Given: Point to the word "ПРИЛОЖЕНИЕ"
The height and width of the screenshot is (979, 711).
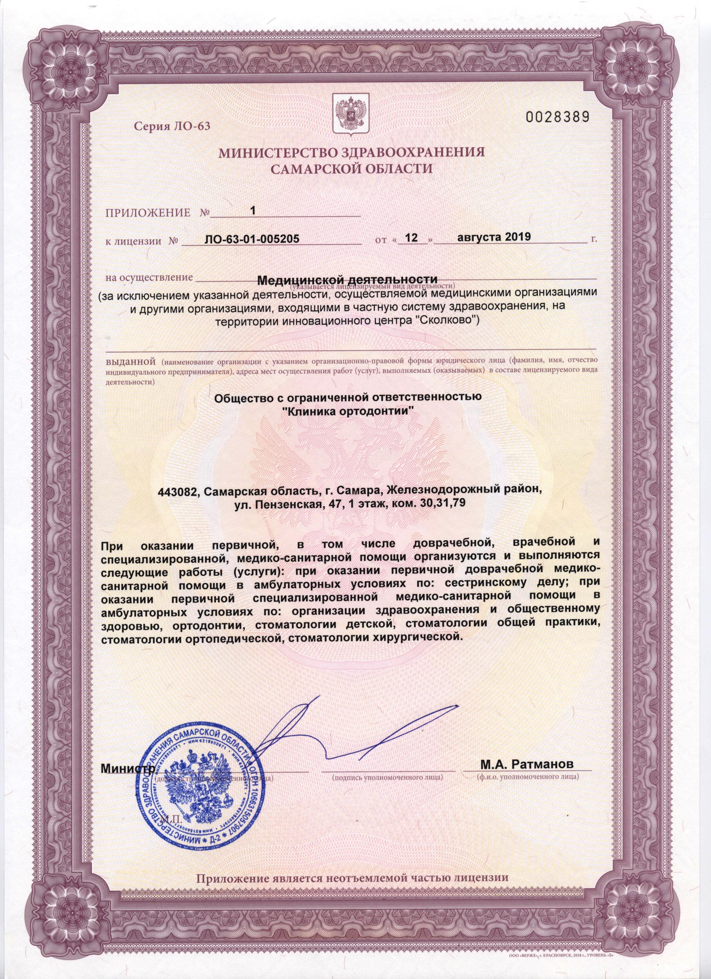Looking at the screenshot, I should click(x=148, y=213).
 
